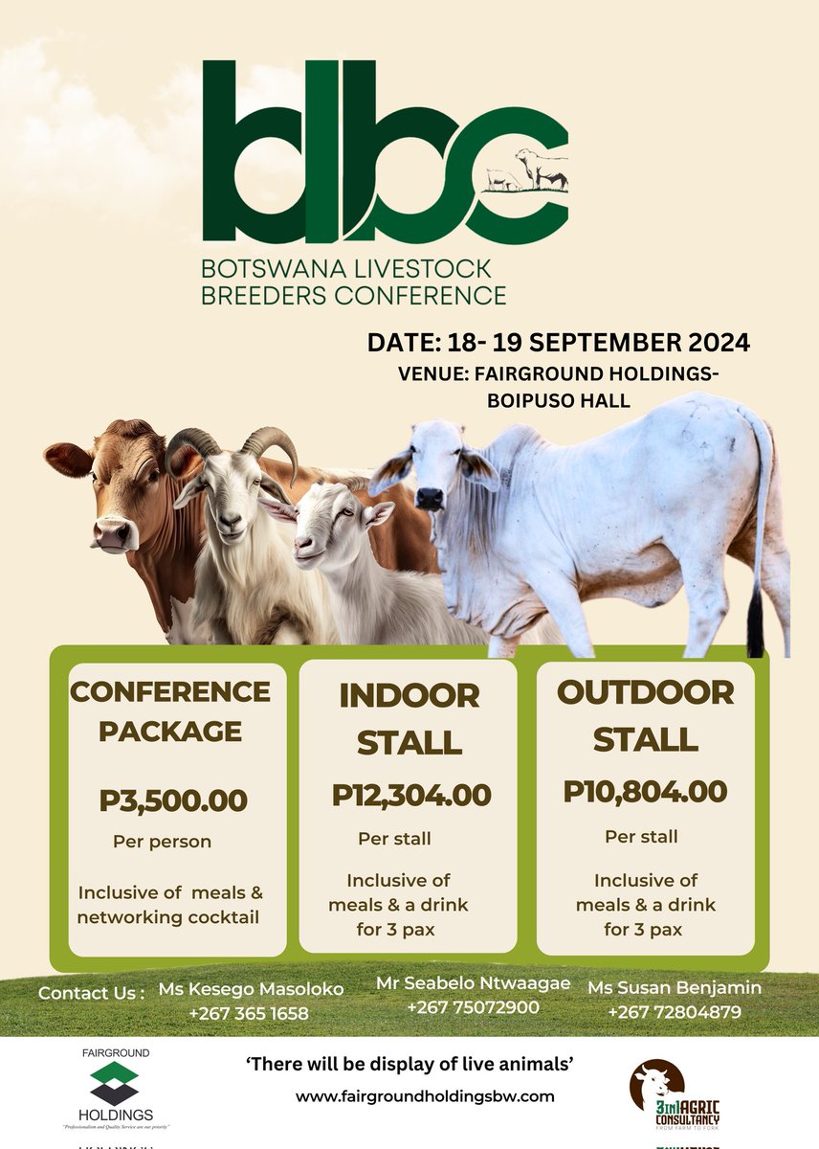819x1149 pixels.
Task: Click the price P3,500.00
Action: coord(173,800)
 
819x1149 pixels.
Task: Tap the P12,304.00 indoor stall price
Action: coord(411,795)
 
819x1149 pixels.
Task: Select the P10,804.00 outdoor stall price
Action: coord(645,792)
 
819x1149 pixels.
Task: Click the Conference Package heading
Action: coord(170,710)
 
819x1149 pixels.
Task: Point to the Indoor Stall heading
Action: coord(409,717)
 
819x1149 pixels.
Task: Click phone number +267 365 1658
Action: coord(250,1014)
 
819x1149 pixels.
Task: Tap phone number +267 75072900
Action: coord(473,1007)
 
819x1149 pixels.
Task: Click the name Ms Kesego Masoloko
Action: coord(250,990)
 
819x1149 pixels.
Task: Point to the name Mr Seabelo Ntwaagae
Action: coord(474,983)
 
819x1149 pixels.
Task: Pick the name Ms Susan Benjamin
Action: coord(675,987)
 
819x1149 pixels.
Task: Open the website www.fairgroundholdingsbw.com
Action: coord(425,1095)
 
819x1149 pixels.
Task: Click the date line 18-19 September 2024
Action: coord(559,342)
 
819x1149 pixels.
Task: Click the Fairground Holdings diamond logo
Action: coord(115,1083)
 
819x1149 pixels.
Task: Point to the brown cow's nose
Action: coord(111,534)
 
